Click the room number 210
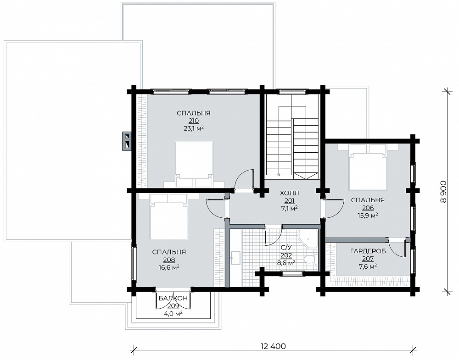pos(194,121)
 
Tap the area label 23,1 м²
pos(194,128)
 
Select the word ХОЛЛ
pos(290,193)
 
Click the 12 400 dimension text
pos(273,347)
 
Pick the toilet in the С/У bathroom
pos(310,259)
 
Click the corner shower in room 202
pos(308,238)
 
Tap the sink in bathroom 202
pos(235,258)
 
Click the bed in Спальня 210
pos(194,164)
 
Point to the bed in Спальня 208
pos(169,217)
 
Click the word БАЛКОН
pos(173,298)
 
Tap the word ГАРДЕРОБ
pos(368,251)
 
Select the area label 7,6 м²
pos(368,266)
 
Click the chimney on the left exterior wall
pos(127,140)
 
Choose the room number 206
pos(368,208)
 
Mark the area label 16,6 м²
pos(169,267)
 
